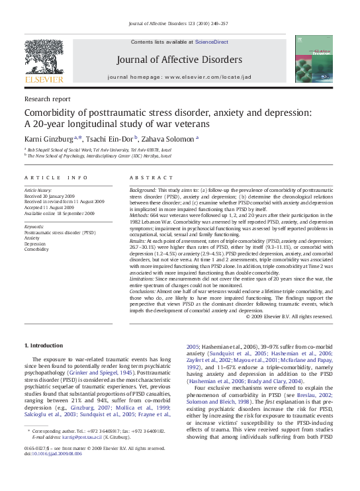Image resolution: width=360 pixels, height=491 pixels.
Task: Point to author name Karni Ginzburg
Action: [x=49, y=138]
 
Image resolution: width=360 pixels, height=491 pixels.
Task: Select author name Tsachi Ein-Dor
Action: [x=109, y=138]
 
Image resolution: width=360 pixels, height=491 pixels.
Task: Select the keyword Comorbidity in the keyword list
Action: [x=36, y=249]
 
